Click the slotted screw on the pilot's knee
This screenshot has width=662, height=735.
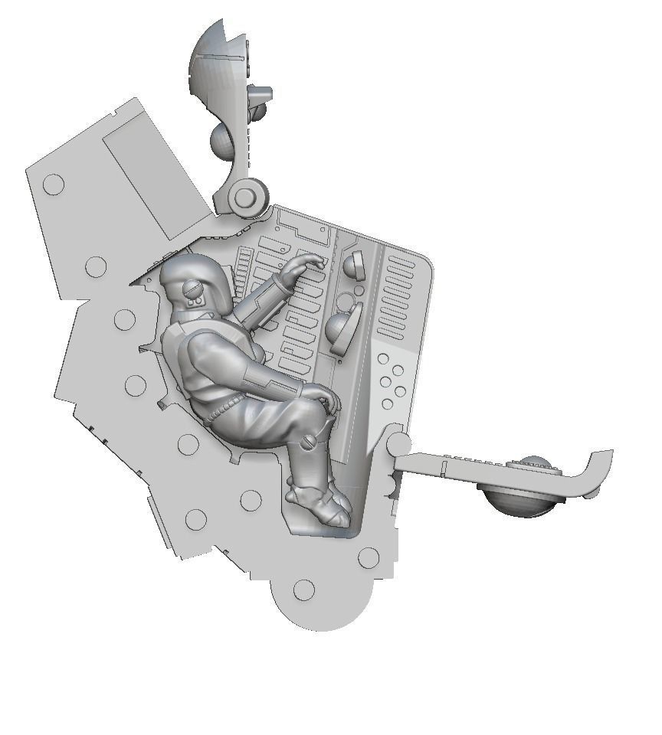tap(310, 442)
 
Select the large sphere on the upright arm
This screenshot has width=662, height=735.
tap(224, 140)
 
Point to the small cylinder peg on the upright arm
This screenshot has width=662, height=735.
tap(261, 95)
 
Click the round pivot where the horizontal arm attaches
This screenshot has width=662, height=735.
tap(398, 444)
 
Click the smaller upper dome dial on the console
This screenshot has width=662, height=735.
tap(354, 266)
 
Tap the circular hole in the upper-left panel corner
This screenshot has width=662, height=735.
tap(54, 184)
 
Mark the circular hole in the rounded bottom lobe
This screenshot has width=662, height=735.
tap(304, 590)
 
